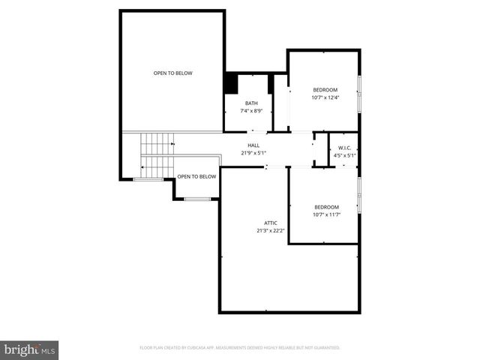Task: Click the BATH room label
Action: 252,103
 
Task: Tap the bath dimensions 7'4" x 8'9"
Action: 252,111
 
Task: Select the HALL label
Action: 253,145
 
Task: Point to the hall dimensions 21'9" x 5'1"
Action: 253,153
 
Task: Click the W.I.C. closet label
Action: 345,148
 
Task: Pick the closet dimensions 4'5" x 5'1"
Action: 345,155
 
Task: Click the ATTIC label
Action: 271,223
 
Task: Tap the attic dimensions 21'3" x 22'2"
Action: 271,230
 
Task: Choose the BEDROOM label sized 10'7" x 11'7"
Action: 326,207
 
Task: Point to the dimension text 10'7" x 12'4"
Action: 325,97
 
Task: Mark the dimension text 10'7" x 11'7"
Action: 326,214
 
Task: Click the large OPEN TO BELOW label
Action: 173,73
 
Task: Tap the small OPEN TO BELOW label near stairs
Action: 196,176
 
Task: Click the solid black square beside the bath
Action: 231,83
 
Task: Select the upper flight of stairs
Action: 157,142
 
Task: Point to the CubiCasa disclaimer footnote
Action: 240,348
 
